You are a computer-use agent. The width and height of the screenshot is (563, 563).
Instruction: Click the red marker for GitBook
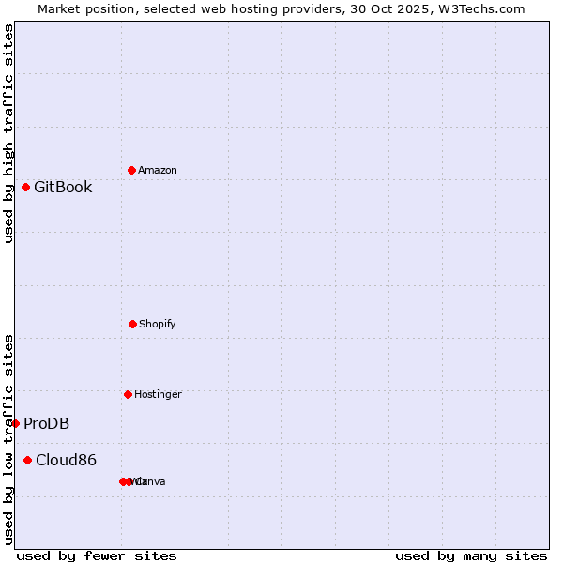pos(25,187)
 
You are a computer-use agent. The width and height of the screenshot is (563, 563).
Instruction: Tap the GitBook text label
pos(63,187)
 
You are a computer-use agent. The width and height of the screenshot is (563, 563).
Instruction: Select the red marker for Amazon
pos(131,170)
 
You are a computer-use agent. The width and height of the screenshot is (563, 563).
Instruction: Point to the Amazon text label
pos(157,170)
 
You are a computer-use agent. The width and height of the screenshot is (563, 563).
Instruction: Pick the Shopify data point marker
pos(132,324)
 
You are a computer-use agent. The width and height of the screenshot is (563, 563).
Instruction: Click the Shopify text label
pos(157,324)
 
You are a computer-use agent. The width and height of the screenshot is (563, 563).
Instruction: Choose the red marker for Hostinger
pos(128,394)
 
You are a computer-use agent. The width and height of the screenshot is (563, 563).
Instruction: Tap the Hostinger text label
pos(158,394)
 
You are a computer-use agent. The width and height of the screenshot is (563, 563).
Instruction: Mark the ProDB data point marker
pos(15,423)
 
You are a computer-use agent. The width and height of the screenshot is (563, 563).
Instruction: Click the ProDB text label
pos(46,423)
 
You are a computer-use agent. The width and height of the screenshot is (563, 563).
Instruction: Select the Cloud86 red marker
pos(27,460)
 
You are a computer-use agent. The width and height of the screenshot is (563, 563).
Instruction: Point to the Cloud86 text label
pos(66,460)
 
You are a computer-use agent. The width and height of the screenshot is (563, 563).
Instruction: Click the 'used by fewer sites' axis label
pos(97,555)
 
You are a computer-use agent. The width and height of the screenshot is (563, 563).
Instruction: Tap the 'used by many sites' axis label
pos(471,555)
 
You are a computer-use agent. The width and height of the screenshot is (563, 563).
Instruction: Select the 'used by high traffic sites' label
pos(8,133)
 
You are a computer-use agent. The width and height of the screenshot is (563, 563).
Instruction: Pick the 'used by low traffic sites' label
pos(8,439)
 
